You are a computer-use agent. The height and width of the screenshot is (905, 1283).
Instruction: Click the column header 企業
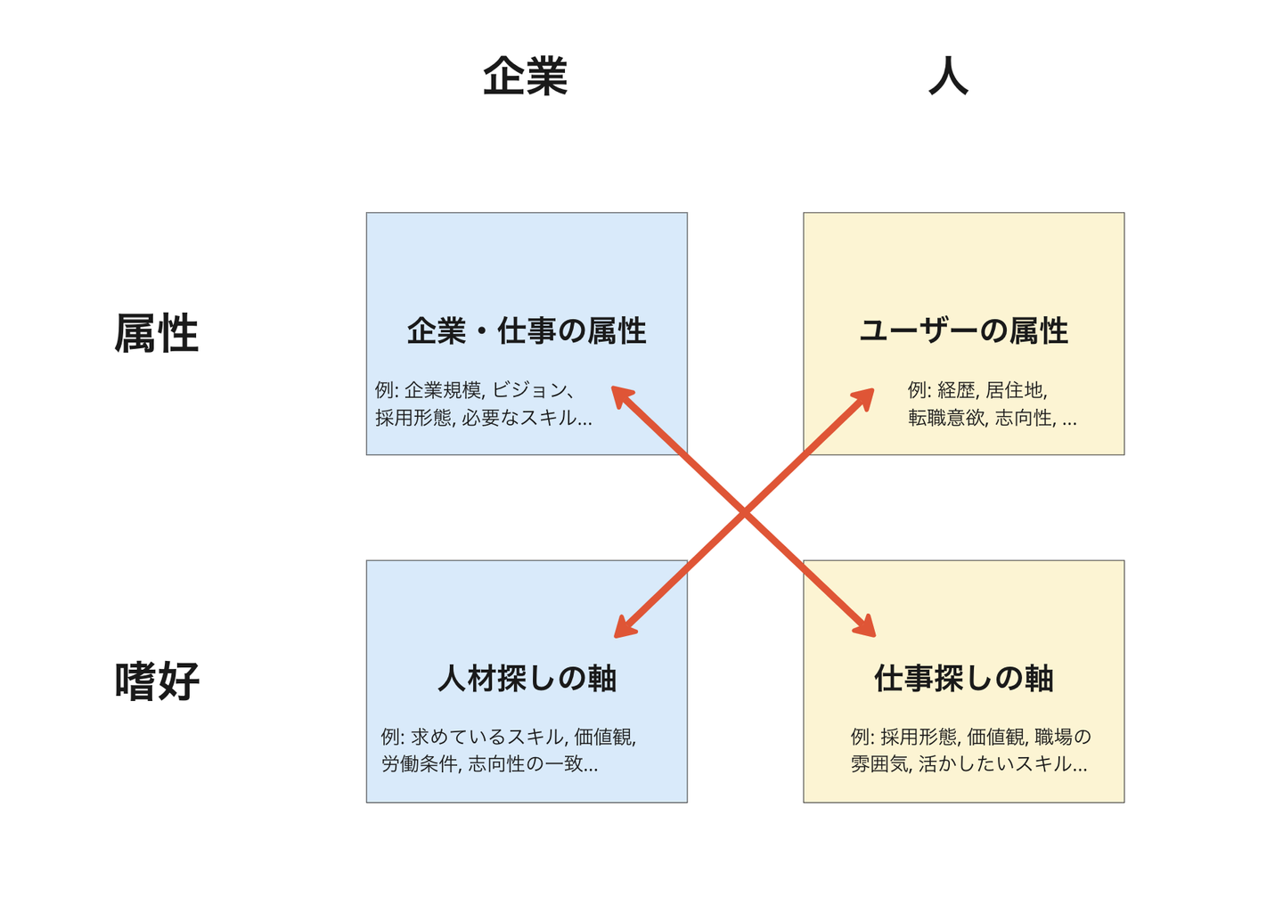(x=525, y=77)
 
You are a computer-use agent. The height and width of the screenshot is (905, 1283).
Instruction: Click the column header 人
(x=948, y=77)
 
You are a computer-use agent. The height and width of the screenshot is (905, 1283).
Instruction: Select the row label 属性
(x=156, y=334)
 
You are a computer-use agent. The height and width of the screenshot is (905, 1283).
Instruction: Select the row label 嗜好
(x=157, y=681)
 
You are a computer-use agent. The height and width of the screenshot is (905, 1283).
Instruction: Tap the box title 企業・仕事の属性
(x=527, y=331)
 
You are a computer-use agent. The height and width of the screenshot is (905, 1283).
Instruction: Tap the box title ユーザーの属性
(x=963, y=331)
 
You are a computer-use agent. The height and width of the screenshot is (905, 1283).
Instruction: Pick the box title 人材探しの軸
(x=527, y=679)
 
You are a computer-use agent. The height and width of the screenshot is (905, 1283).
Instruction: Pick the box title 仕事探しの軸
(x=963, y=679)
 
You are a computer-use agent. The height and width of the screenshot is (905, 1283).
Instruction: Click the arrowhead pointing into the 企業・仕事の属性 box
(x=619, y=394)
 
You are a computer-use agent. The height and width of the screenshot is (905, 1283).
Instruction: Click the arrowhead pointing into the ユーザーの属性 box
(x=866, y=395)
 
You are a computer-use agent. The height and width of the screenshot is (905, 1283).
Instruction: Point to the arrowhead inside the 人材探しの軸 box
(x=622, y=631)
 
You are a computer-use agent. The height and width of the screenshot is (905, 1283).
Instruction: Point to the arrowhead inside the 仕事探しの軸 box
(x=868, y=630)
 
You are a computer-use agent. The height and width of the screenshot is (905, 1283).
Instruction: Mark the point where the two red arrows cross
(x=744, y=513)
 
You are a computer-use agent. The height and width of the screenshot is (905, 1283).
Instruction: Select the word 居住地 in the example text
(x=1016, y=390)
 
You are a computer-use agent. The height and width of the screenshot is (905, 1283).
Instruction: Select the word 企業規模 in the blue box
(x=444, y=390)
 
